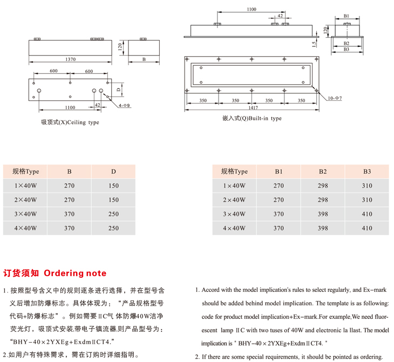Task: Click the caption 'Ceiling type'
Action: coord(70,122)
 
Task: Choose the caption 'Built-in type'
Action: coord(252,118)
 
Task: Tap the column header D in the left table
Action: coord(113,172)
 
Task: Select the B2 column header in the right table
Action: coord(323,172)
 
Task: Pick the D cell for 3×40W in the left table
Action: coord(113,214)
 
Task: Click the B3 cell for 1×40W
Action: coord(367,186)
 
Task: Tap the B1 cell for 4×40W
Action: coord(278,228)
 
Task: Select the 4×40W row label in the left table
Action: coord(26,228)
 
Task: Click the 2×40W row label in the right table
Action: coord(234,200)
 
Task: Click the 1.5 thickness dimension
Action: coord(314,42)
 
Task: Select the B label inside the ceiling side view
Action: coord(144,59)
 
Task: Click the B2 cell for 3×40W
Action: coord(323,214)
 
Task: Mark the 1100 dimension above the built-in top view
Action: coord(251,9)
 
